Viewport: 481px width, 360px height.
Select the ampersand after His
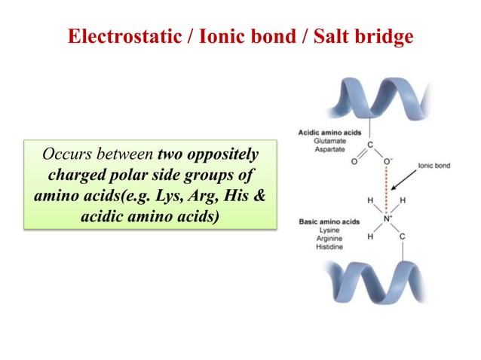pyautogui.click(x=258, y=194)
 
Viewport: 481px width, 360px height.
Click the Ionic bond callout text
pyautogui.click(x=434, y=165)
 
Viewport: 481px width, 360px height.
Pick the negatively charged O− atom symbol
pyautogui.click(x=389, y=160)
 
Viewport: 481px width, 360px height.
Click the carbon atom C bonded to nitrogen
pyautogui.click(x=402, y=237)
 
